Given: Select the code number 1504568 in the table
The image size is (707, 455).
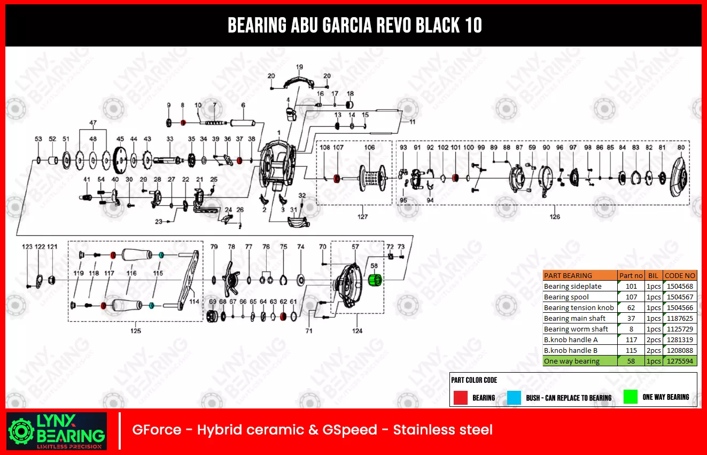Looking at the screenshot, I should click(x=680, y=287).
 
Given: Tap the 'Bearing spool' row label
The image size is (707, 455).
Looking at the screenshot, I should click(x=566, y=297).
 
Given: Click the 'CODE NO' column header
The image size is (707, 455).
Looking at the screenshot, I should click(x=680, y=276).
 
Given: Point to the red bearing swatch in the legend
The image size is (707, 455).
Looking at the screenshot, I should click(x=460, y=398).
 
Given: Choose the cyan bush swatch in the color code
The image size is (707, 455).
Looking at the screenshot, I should click(x=514, y=398).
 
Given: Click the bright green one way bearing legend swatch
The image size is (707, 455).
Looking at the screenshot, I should click(x=631, y=397).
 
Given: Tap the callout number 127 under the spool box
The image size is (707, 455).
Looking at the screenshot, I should click(x=363, y=217).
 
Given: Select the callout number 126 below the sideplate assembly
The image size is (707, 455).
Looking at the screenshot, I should click(x=555, y=217).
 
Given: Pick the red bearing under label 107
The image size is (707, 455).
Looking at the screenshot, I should click(x=338, y=179).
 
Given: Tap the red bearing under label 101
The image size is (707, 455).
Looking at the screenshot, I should click(x=455, y=178).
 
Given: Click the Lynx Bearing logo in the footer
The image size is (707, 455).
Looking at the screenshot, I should click(x=57, y=430).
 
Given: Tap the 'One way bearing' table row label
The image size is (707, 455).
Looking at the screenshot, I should click(x=572, y=361).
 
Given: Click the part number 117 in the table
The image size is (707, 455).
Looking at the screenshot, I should click(x=631, y=340).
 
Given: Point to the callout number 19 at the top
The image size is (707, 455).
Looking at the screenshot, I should click(x=299, y=67).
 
